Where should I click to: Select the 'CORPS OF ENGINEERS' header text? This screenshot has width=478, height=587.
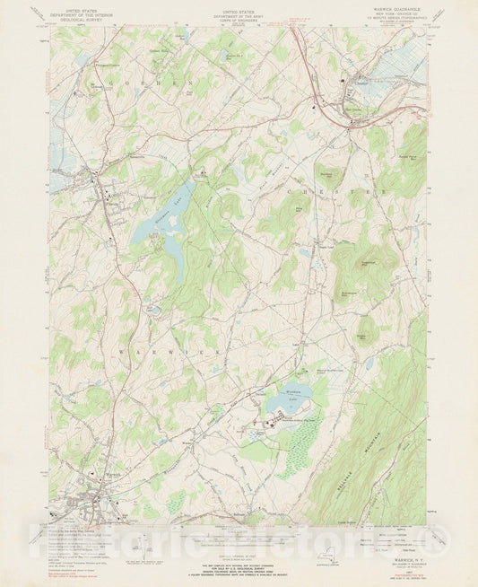click(239, 22)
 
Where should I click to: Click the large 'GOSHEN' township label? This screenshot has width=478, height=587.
click(148, 83)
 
